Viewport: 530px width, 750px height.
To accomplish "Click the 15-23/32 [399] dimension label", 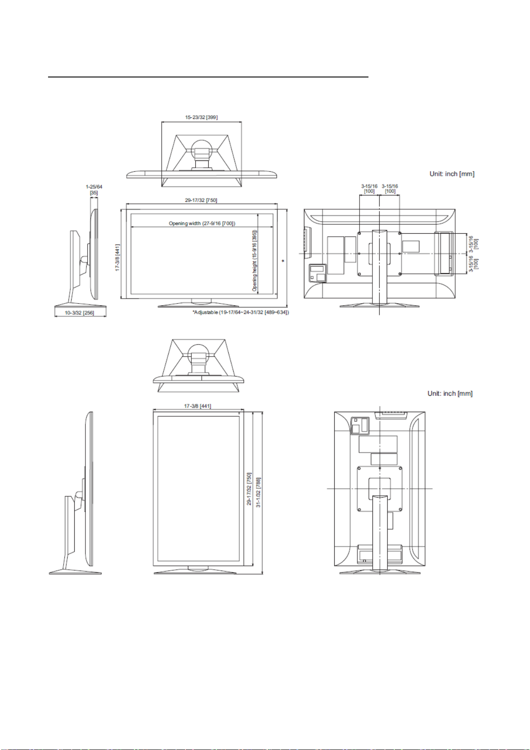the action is coord(202,117).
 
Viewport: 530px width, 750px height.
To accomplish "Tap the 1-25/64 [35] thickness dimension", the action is coord(94,190).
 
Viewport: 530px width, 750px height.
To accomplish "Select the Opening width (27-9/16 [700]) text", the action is coord(202,223).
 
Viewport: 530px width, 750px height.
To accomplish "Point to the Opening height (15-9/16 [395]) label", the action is coord(255,260).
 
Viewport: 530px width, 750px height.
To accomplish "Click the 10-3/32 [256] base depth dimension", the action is coord(79,313).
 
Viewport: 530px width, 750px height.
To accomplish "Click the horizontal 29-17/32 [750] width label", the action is coord(201,200).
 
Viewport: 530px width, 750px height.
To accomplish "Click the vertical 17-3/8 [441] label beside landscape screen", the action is coord(117,257).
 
